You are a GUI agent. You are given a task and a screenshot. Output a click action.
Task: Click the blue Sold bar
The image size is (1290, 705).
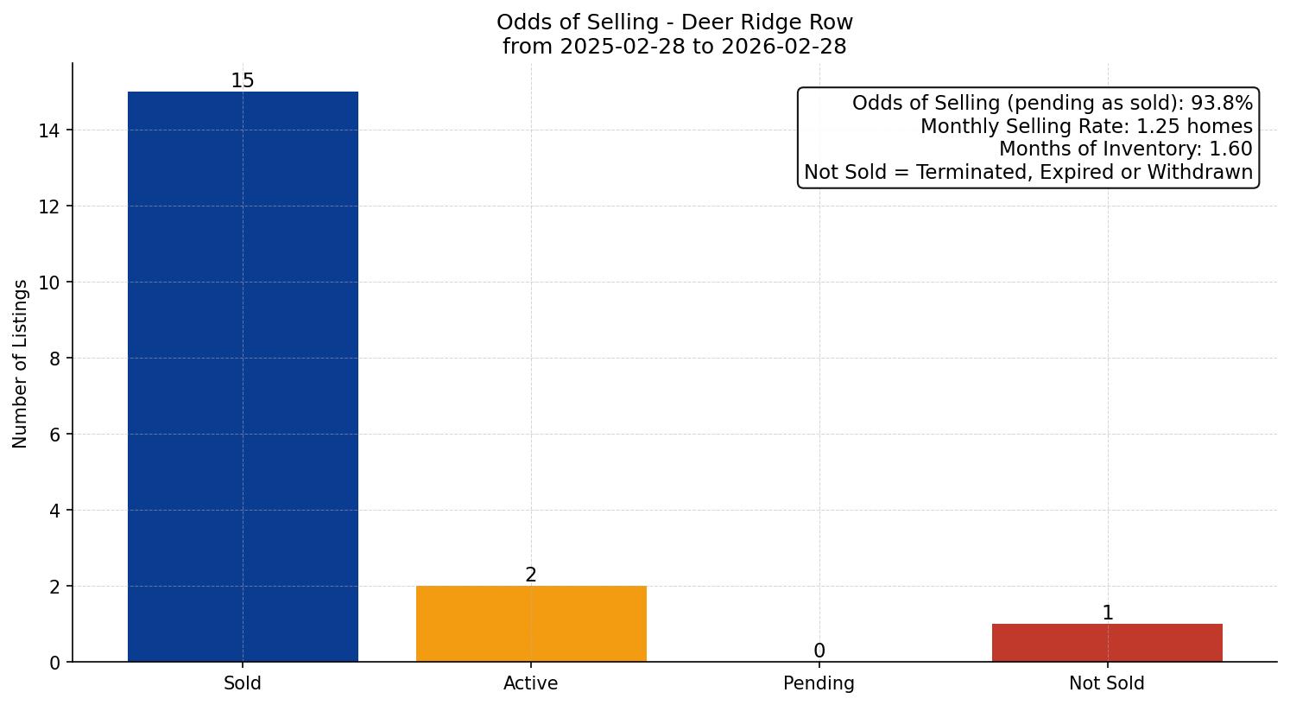pyautogui.click(x=243, y=377)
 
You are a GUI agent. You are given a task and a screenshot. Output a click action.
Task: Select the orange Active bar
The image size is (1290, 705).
pyautogui.click(x=531, y=624)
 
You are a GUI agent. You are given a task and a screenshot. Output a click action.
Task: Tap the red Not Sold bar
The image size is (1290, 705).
pyautogui.click(x=1107, y=643)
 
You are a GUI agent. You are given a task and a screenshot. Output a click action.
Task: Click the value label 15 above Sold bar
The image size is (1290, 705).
pyautogui.click(x=243, y=81)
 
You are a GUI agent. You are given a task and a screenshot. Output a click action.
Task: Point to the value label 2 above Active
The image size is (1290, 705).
pyautogui.click(x=531, y=575)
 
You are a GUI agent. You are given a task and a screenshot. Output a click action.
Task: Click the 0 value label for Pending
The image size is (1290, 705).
pyautogui.click(x=819, y=651)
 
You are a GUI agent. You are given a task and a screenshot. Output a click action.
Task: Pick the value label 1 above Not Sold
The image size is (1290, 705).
pyautogui.click(x=1107, y=613)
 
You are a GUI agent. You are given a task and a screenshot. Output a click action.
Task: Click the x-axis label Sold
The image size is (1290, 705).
pyautogui.click(x=243, y=683)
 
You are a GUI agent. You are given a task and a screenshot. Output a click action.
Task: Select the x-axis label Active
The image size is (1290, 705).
pyautogui.click(x=531, y=683)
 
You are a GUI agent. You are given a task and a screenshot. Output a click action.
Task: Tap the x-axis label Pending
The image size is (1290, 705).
pyautogui.click(x=819, y=683)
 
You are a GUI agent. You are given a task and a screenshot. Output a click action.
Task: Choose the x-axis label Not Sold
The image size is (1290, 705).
pyautogui.click(x=1107, y=683)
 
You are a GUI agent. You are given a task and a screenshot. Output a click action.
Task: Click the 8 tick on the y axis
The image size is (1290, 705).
pyautogui.click(x=54, y=359)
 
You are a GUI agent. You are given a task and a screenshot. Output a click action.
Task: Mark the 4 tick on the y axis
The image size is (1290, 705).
pyautogui.click(x=54, y=511)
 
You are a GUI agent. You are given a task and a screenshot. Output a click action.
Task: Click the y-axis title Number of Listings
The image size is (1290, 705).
pyautogui.click(x=21, y=363)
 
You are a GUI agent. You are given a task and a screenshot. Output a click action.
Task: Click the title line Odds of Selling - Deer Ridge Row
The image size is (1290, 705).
pyautogui.click(x=674, y=22)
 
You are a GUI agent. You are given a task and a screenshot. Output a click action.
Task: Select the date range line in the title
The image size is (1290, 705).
pyautogui.click(x=674, y=47)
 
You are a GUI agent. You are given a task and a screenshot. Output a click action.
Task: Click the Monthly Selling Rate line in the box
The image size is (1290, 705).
pyautogui.click(x=1085, y=126)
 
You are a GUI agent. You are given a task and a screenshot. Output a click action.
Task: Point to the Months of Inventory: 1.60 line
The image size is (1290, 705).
pyautogui.click(x=1125, y=149)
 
